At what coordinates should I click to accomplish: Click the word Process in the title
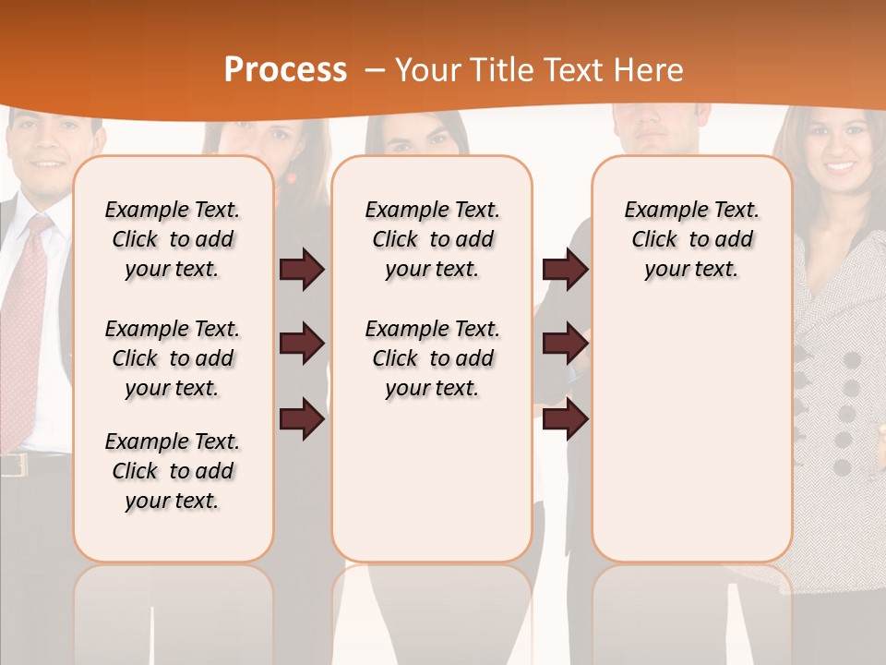pyautogui.click(x=285, y=70)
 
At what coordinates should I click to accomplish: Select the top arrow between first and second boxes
pyautogui.click(x=302, y=270)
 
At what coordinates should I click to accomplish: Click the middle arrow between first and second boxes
pyautogui.click(x=302, y=344)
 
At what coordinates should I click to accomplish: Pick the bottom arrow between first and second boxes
pyautogui.click(x=302, y=418)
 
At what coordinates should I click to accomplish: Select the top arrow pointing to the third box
pyautogui.click(x=565, y=270)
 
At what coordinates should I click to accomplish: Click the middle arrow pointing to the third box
pyautogui.click(x=565, y=344)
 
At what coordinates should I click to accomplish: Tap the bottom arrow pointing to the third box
pyautogui.click(x=565, y=418)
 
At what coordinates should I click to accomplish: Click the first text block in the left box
pyautogui.click(x=173, y=239)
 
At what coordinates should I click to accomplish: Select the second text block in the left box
pyautogui.click(x=173, y=358)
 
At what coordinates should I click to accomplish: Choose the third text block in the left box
pyautogui.click(x=173, y=471)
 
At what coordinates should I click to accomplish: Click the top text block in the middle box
pyautogui.click(x=432, y=239)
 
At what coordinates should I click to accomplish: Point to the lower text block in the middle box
pyautogui.click(x=432, y=358)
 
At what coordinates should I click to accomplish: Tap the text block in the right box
pyautogui.click(x=691, y=239)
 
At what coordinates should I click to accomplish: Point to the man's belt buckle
pyautogui.click(x=14, y=465)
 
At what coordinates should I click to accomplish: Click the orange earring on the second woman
pyautogui.click(x=292, y=176)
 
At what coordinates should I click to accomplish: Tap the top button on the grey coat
pyautogui.click(x=851, y=360)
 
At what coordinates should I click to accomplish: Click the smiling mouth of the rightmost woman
pyautogui.click(x=838, y=168)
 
